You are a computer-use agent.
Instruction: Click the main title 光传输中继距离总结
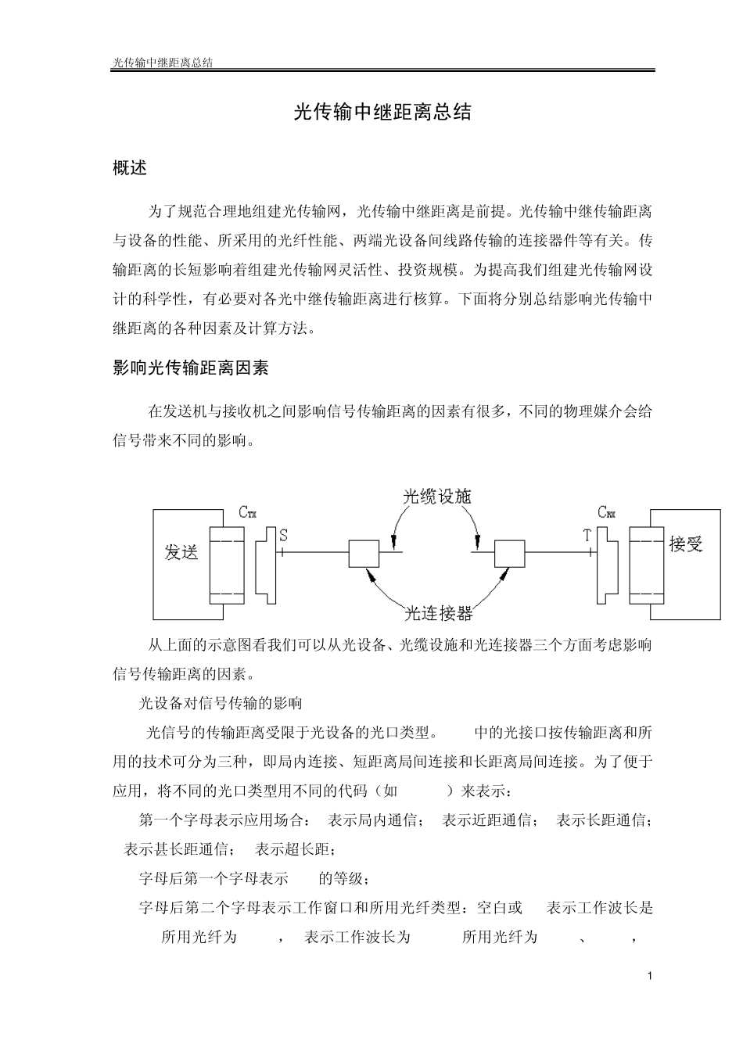click(x=382, y=113)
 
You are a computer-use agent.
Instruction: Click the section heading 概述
click(x=130, y=168)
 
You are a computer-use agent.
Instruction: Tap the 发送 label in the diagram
click(x=181, y=552)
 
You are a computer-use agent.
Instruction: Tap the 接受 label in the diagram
click(x=686, y=544)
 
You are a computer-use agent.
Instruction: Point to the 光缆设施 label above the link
click(x=437, y=497)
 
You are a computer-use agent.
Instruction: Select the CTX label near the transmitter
click(x=247, y=513)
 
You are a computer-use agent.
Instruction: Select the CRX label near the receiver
click(x=606, y=512)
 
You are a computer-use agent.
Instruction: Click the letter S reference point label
click(x=283, y=536)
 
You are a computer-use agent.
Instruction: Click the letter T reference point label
click(x=587, y=536)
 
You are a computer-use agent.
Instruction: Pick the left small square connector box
click(x=364, y=553)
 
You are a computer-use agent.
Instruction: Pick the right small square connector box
click(x=509, y=553)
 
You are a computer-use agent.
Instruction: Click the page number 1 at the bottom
click(x=649, y=976)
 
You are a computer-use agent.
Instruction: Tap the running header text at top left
click(x=163, y=62)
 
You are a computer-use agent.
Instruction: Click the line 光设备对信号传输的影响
click(x=221, y=703)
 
